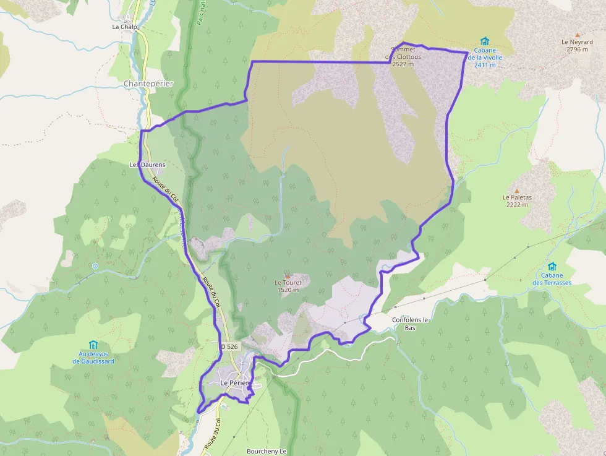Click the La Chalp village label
pyautogui.click(x=124, y=27)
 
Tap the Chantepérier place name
pyautogui.click(x=148, y=84)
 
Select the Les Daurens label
pyautogui.click(x=147, y=165)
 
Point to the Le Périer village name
pyautogui.click(x=234, y=383)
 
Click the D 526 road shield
pyautogui.click(x=229, y=346)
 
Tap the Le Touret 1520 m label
pyautogui.click(x=288, y=286)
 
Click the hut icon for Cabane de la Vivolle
pyautogui.click(x=485, y=41)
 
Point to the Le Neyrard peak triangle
pyautogui.click(x=578, y=35)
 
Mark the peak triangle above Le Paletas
pyautogui.click(x=516, y=191)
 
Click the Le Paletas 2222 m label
pyautogui.click(x=517, y=201)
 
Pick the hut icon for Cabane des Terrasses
pyautogui.click(x=552, y=266)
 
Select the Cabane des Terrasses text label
pyautogui.click(x=552, y=279)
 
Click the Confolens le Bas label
pyautogui.click(x=411, y=324)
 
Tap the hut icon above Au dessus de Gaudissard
pyautogui.click(x=93, y=345)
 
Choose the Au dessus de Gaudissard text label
pyautogui.click(x=93, y=358)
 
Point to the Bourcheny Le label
pyautogui.click(x=267, y=451)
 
